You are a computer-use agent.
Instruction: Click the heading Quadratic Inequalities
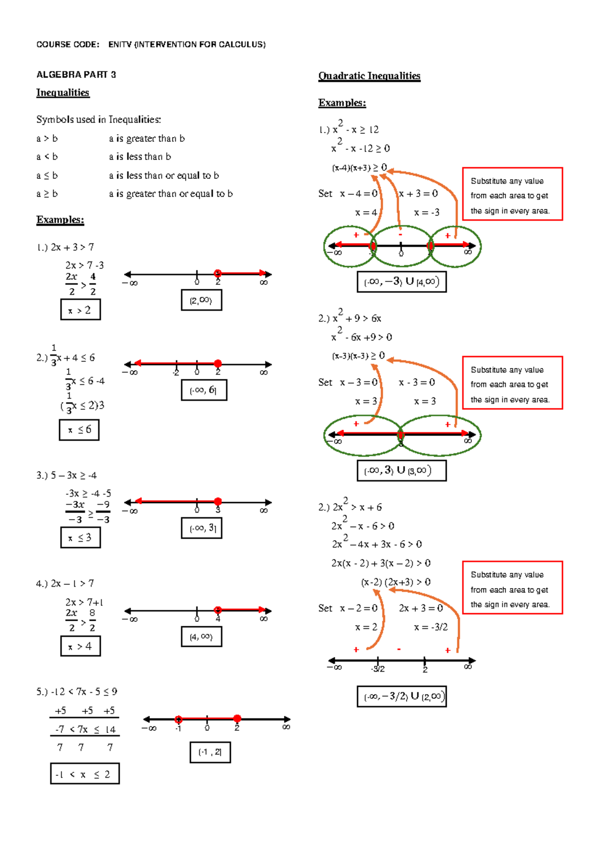coord(369,76)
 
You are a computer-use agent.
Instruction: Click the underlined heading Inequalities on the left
coord(63,93)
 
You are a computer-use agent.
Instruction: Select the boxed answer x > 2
coord(80,310)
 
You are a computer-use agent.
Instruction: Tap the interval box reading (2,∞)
coord(201,300)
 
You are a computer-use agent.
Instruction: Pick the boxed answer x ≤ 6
coord(79,430)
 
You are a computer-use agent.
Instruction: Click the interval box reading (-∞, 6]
coord(204,390)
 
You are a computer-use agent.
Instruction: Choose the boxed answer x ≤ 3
coord(80,538)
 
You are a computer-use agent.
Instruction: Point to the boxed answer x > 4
coord(80,646)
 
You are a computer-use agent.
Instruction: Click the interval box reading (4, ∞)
coord(201,637)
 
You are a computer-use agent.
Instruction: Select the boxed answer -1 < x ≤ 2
coord(85,774)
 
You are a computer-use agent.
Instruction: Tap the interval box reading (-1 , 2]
coord(210,752)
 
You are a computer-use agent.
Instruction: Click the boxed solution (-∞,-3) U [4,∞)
coord(401,282)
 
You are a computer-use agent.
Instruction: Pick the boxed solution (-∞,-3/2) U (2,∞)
coord(401,696)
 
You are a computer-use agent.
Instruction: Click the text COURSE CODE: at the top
coord(68,45)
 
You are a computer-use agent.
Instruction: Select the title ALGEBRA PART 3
coord(76,75)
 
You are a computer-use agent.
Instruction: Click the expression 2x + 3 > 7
coord(72,247)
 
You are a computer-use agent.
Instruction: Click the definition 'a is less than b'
coord(140,157)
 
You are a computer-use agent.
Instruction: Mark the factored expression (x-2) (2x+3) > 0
coord(396,582)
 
